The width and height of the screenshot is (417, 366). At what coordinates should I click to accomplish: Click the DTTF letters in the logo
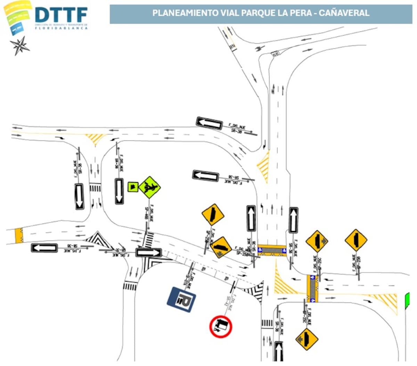[61, 15]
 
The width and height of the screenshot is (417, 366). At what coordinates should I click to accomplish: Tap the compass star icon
[19, 46]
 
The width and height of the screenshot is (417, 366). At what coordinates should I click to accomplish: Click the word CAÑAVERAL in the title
[344, 13]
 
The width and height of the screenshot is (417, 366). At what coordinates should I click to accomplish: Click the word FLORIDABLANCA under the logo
[61, 28]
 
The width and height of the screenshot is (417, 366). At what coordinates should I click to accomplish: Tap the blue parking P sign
[181, 299]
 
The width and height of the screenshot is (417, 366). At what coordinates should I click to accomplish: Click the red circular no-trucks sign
[221, 326]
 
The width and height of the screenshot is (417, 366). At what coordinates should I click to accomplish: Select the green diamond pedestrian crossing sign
[149, 187]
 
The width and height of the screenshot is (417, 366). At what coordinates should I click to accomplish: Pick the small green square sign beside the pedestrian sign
[132, 187]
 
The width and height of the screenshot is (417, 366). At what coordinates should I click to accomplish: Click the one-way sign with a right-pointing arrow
[149, 252]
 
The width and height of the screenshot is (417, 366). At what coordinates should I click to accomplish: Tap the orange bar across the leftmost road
[19, 236]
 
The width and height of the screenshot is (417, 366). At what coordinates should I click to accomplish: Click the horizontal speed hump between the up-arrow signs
[272, 250]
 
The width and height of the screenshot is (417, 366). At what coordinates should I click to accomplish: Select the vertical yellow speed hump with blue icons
[312, 288]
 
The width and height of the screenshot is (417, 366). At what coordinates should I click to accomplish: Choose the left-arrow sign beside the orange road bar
[44, 248]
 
